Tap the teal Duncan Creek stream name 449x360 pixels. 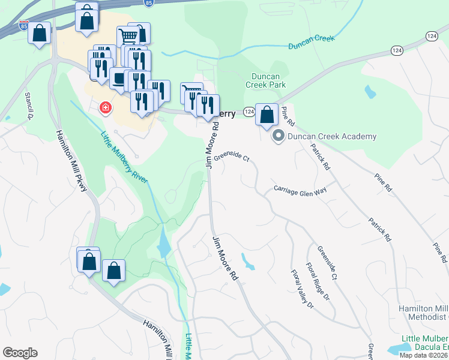point(311,42)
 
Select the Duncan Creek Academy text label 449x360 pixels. point(332,136)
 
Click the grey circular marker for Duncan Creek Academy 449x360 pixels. point(278,136)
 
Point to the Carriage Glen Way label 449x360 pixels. point(300,189)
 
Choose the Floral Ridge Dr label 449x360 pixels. point(318,281)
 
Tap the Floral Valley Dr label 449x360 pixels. point(302,289)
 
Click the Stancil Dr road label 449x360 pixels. point(28,106)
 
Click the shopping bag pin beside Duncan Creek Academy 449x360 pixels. point(267,114)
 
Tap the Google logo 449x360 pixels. point(19,353)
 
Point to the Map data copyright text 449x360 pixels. point(423,355)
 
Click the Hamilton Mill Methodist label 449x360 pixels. point(424,312)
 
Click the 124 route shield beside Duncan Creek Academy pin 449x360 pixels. point(249,112)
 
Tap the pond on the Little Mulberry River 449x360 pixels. point(163,242)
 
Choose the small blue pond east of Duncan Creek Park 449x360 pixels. point(370,92)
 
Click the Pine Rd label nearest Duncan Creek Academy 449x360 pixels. point(288,115)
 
